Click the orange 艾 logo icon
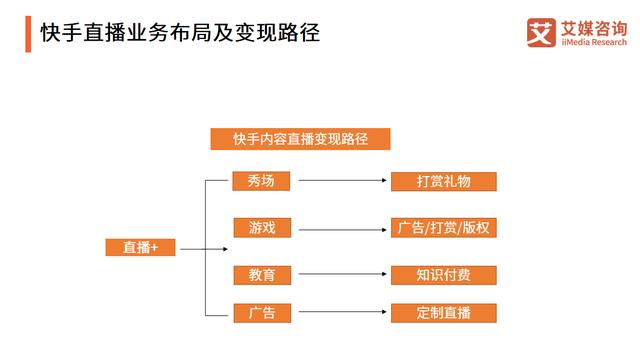click(x=540, y=33)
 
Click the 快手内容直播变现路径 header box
click(x=300, y=139)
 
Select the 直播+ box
click(x=140, y=248)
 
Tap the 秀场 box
click(x=262, y=181)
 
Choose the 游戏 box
click(x=262, y=228)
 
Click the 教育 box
click(x=262, y=274)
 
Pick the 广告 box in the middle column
click(x=262, y=313)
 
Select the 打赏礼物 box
click(x=443, y=181)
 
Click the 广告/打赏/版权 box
click(x=443, y=228)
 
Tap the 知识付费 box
click(x=443, y=274)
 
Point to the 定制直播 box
click(x=443, y=313)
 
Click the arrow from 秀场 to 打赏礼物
click(x=342, y=181)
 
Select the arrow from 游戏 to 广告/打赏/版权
click(x=342, y=228)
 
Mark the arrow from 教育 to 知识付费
click(x=342, y=274)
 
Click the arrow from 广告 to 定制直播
click(x=342, y=313)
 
